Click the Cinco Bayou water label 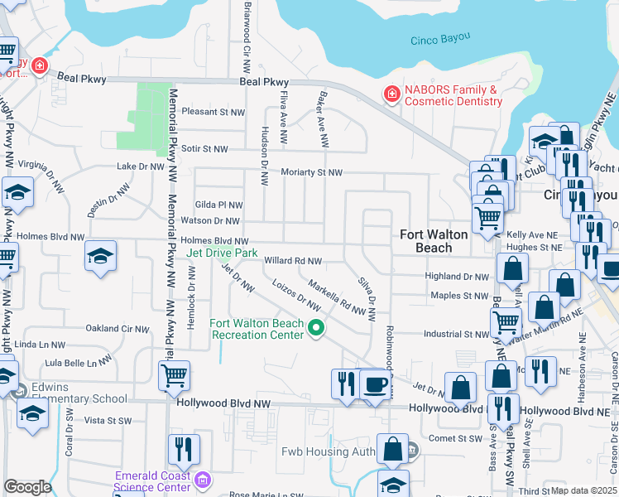[440, 39]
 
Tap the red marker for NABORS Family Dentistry [391, 95]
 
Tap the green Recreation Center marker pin [315, 329]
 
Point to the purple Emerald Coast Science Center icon [202, 480]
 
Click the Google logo [27, 487]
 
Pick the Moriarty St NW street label [310, 172]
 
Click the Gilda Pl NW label [218, 205]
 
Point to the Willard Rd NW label [292, 261]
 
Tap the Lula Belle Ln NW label [79, 363]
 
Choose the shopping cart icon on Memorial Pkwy [174, 375]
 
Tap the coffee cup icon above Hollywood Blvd [375, 384]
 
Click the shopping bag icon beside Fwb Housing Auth [392, 449]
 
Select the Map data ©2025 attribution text [584, 490]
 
